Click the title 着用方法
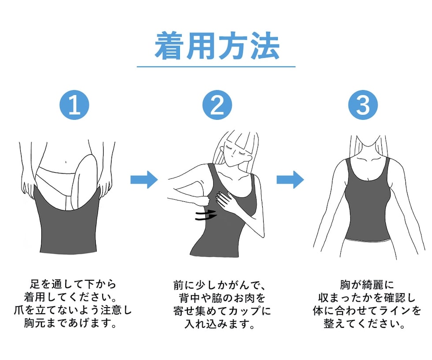[217, 46]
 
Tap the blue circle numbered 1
[74, 105]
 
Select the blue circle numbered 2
[217, 105]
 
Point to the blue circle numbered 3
[363, 105]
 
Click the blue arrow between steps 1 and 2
[144, 180]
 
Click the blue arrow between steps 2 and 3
[290, 180]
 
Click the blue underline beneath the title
[216, 67]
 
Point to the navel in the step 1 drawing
[66, 161]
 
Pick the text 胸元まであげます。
[71, 323]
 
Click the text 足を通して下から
[73, 284]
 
